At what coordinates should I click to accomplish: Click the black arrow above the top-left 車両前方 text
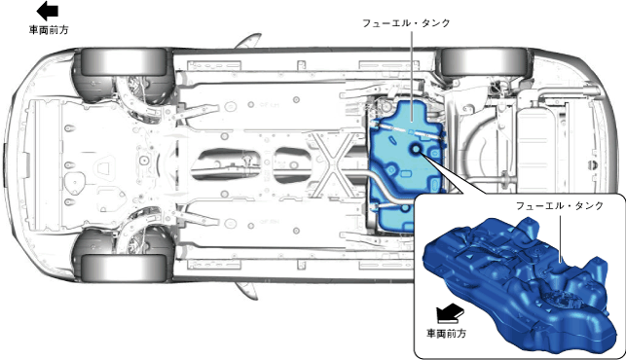tap(48, 11)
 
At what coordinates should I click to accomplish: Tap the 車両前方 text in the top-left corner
tap(49, 30)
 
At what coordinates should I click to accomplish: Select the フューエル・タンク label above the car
tap(406, 23)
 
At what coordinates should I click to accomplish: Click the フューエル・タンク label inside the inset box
tap(560, 206)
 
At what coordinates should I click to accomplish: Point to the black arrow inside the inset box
tap(450, 312)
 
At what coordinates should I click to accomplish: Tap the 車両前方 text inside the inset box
tap(446, 334)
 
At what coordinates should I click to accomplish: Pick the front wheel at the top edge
tap(124, 61)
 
